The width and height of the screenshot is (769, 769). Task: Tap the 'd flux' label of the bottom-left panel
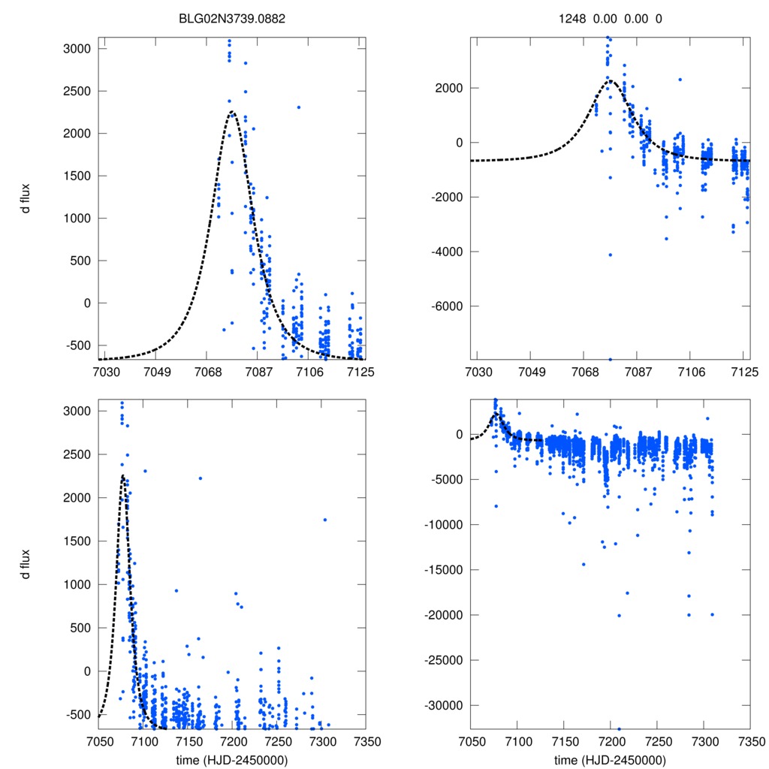(26, 564)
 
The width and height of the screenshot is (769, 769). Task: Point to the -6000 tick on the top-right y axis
(446, 306)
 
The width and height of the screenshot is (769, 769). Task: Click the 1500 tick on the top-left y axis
(77, 176)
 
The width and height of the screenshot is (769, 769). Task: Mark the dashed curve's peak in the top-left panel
(231, 113)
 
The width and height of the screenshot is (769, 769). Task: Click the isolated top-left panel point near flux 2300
(298, 107)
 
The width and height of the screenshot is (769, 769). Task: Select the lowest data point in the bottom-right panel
(619, 728)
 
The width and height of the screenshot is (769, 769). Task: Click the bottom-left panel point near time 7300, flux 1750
(324, 520)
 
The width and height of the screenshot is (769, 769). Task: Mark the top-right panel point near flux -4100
(610, 255)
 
